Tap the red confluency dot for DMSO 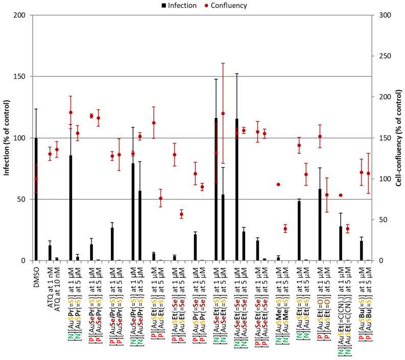pyautogui.click(x=36, y=179)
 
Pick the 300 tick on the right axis pyautogui.click(x=385, y=15)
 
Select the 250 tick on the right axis pyautogui.click(x=385, y=56)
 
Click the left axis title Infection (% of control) pyautogui.click(x=7, y=138)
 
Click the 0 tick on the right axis pyautogui.click(x=382, y=260)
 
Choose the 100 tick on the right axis pyautogui.click(x=385, y=179)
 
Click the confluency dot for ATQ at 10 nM pyautogui.click(x=57, y=150)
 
